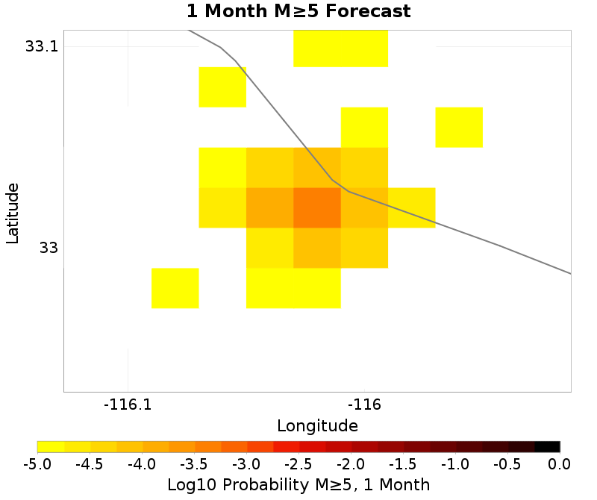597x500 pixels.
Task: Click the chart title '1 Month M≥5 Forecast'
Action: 298,12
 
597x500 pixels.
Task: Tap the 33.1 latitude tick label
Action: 41,46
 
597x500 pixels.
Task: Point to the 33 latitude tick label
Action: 48,248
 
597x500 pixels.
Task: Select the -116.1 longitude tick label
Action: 128,405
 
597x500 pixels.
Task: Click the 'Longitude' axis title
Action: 317,426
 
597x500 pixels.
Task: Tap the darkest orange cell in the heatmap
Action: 317,207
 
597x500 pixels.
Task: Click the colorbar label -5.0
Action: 37,464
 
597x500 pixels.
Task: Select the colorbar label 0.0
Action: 560,464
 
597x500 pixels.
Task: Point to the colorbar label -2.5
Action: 298,464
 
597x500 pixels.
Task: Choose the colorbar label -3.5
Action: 194,464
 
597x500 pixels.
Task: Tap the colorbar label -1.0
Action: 455,464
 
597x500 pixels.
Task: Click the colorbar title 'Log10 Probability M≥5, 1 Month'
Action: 298,485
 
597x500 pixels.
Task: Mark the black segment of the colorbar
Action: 547,447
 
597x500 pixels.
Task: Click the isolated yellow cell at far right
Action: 459,127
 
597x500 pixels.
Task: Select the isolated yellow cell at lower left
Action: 175,288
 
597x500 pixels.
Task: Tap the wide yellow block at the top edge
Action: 340,49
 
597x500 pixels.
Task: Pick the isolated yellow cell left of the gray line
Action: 222,87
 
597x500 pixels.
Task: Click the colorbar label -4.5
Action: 90,464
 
